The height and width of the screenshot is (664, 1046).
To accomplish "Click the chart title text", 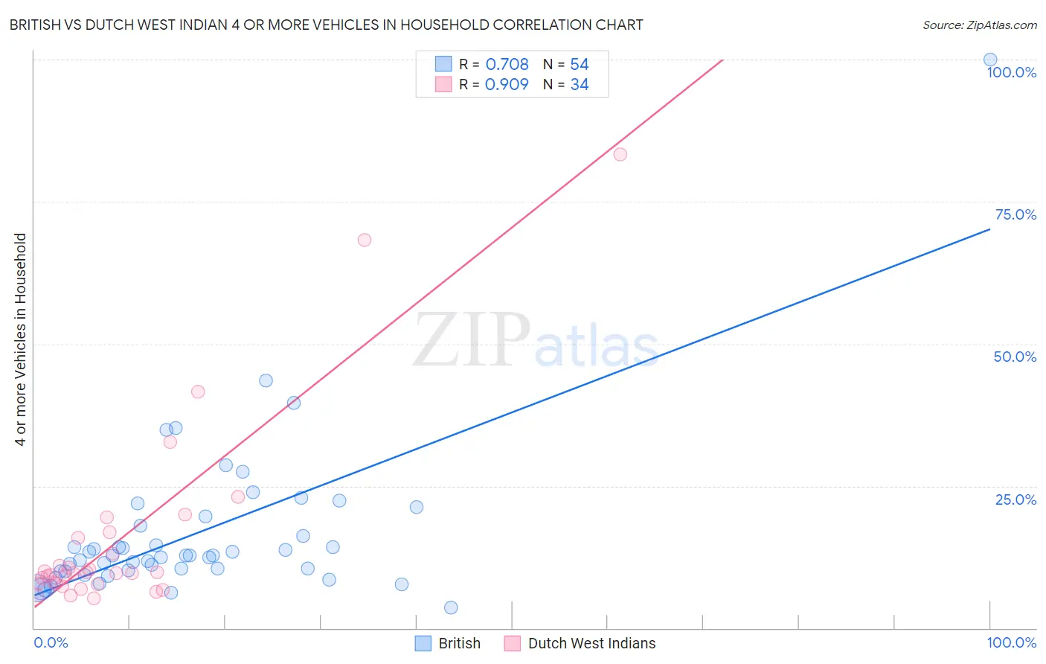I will (326, 25).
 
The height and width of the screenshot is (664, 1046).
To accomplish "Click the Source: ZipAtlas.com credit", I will (979, 25).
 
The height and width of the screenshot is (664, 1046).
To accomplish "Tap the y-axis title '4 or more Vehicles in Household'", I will (20, 339).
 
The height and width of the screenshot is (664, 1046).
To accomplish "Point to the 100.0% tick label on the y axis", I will (1011, 72).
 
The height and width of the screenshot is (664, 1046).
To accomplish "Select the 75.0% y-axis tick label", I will (1015, 214).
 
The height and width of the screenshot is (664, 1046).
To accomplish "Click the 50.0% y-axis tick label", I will (1015, 357).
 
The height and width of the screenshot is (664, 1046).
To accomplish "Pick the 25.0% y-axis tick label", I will (1015, 499).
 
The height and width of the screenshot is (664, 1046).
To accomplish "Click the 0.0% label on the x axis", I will (51, 642).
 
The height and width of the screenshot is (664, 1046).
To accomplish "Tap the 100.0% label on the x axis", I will (1011, 642).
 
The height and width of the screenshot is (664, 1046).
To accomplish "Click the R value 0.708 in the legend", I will (507, 65).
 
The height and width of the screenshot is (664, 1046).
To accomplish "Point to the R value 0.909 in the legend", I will (507, 85).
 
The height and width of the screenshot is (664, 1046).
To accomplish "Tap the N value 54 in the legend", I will (579, 65).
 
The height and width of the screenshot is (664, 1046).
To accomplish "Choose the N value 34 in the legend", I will (579, 85).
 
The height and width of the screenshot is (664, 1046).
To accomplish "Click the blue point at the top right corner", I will (990, 60).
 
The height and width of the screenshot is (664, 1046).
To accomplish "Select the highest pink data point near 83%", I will (620, 154).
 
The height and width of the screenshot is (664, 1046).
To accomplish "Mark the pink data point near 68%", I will (364, 240).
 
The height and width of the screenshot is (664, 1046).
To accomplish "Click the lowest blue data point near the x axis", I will (451, 607).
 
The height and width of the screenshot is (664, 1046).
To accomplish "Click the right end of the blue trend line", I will (989, 229).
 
